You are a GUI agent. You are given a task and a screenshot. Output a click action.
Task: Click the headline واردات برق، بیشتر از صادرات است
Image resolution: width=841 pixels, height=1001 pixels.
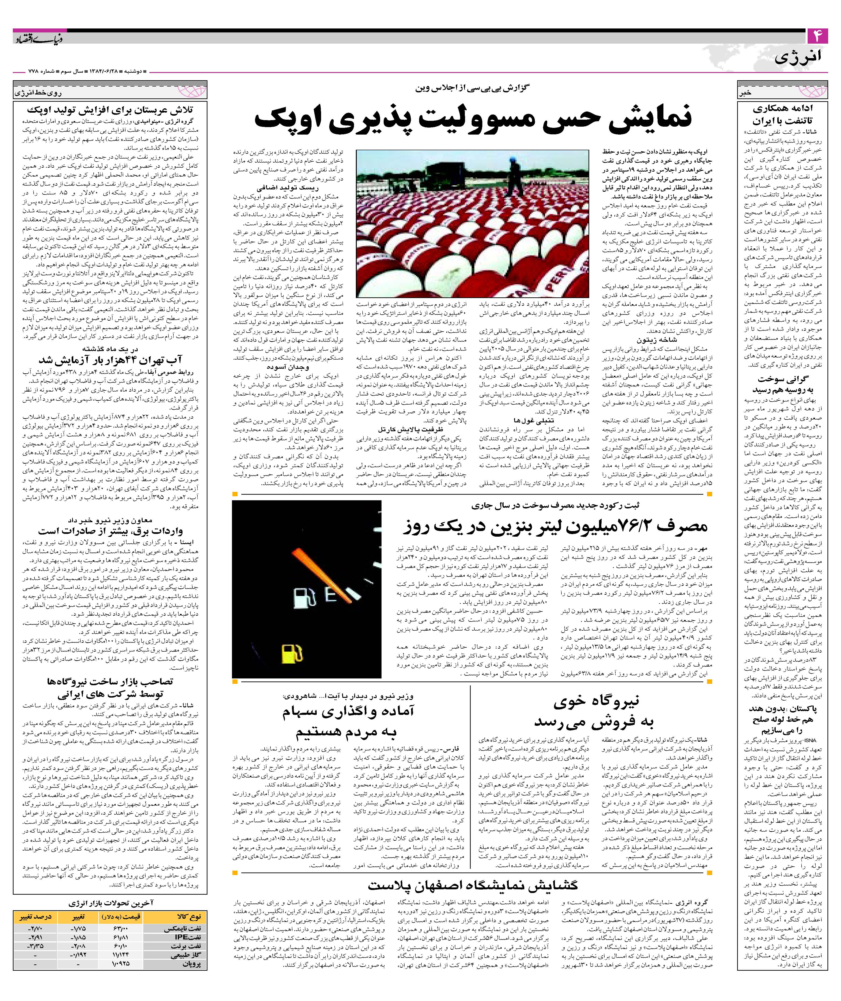pos(110,531)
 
